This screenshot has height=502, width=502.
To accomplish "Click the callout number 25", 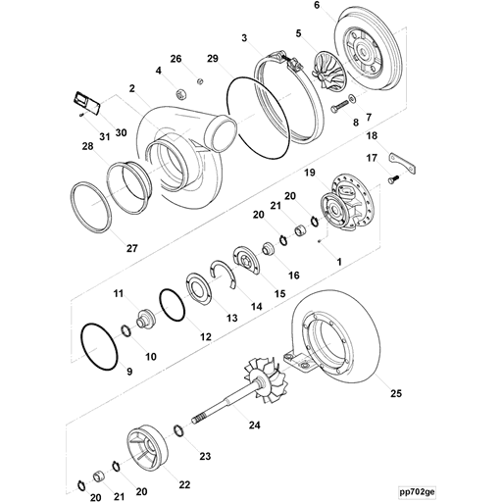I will point(396,394).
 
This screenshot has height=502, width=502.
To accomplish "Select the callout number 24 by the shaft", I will point(254,425).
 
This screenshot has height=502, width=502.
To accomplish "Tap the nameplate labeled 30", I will point(85,101).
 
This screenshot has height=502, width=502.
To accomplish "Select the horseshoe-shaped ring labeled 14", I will point(226,274).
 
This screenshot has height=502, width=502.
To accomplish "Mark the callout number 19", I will point(309,173).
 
